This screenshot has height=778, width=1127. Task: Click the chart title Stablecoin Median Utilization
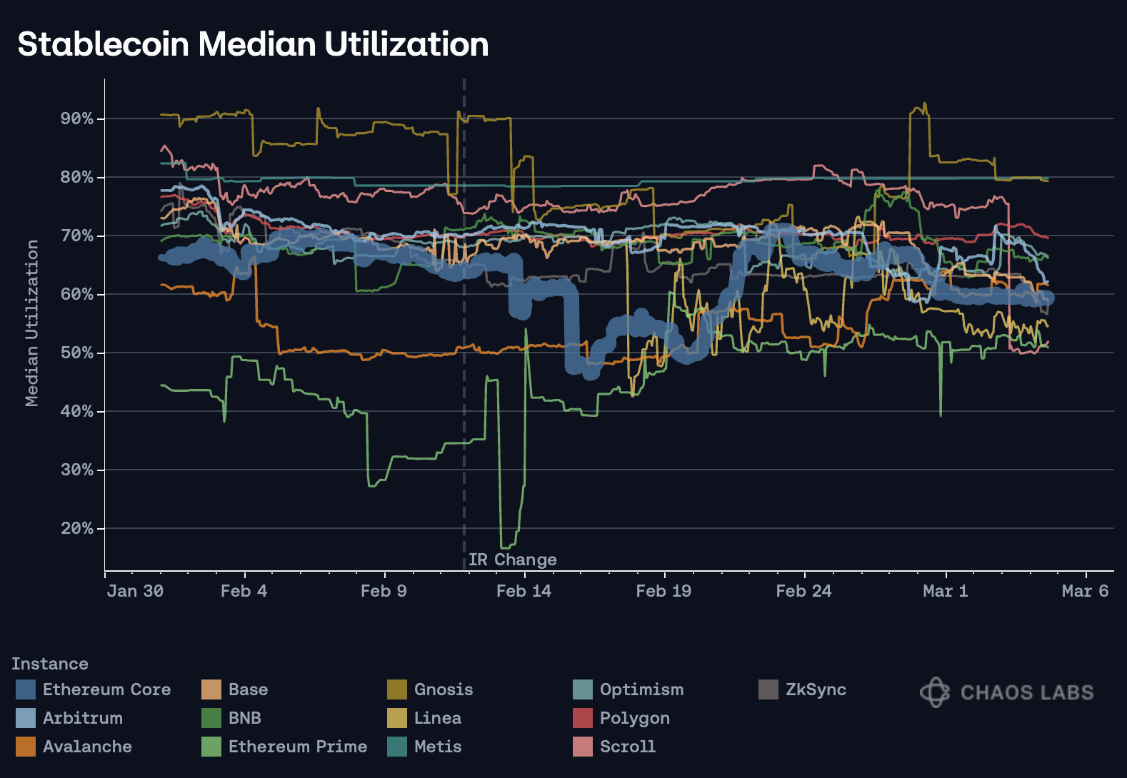pyautogui.click(x=253, y=44)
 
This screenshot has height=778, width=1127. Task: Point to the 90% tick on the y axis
pyautogui.click(x=77, y=118)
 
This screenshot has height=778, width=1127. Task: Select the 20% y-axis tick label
pyautogui.click(x=77, y=528)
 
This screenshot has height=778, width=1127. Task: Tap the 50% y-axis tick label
pyautogui.click(x=77, y=353)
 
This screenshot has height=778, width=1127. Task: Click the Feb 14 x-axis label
pyautogui.click(x=524, y=591)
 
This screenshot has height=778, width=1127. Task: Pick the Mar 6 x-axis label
pyautogui.click(x=1085, y=591)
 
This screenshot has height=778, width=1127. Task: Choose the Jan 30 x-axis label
pyautogui.click(x=135, y=591)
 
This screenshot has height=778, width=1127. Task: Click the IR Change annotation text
pyautogui.click(x=512, y=560)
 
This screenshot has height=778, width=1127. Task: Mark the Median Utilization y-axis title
pyautogui.click(x=31, y=323)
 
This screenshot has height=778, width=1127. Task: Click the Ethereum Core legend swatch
pyautogui.click(x=25, y=689)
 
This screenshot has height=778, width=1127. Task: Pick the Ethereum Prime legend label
pyautogui.click(x=297, y=747)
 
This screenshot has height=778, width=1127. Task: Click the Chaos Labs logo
pyautogui.click(x=1006, y=692)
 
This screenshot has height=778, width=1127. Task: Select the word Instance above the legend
pyautogui.click(x=50, y=664)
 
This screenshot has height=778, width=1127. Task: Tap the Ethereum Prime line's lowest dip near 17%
pyautogui.click(x=504, y=547)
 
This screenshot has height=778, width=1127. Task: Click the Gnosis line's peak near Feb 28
pyautogui.click(x=925, y=104)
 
